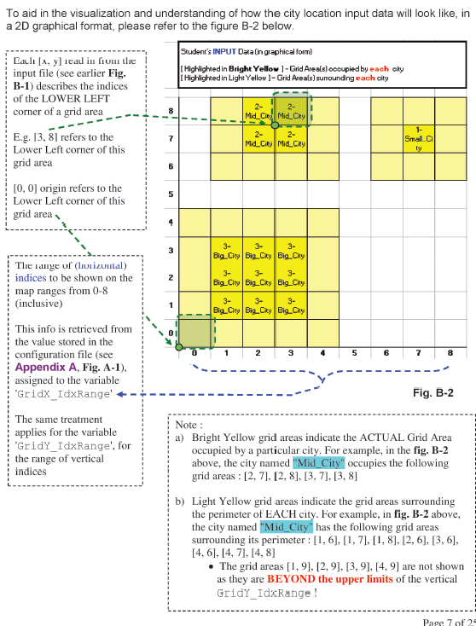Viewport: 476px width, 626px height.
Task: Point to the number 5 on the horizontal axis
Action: coord(354,351)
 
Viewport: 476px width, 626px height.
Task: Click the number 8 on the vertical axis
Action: coord(171,111)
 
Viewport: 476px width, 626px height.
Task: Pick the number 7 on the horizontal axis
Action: coord(419,351)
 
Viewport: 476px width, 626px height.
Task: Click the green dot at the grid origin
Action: coord(178,346)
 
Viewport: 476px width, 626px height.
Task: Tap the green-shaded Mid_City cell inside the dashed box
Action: coord(291,111)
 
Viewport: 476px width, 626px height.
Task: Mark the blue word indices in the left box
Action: coord(30,277)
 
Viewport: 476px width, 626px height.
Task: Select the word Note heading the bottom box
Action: coord(189,424)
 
